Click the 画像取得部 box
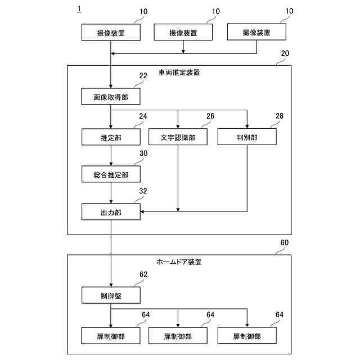click(111, 97)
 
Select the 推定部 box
click(111, 137)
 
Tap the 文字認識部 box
click(178, 137)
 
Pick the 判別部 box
click(247, 137)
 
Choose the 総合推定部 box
click(111, 175)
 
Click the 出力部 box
click(111, 212)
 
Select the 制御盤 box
click(111, 295)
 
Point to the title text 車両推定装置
click(179, 73)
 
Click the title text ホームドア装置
click(179, 262)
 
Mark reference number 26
click(210, 116)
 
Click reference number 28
click(280, 116)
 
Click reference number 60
click(285, 242)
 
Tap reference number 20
click(285, 53)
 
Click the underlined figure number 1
click(79, 10)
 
